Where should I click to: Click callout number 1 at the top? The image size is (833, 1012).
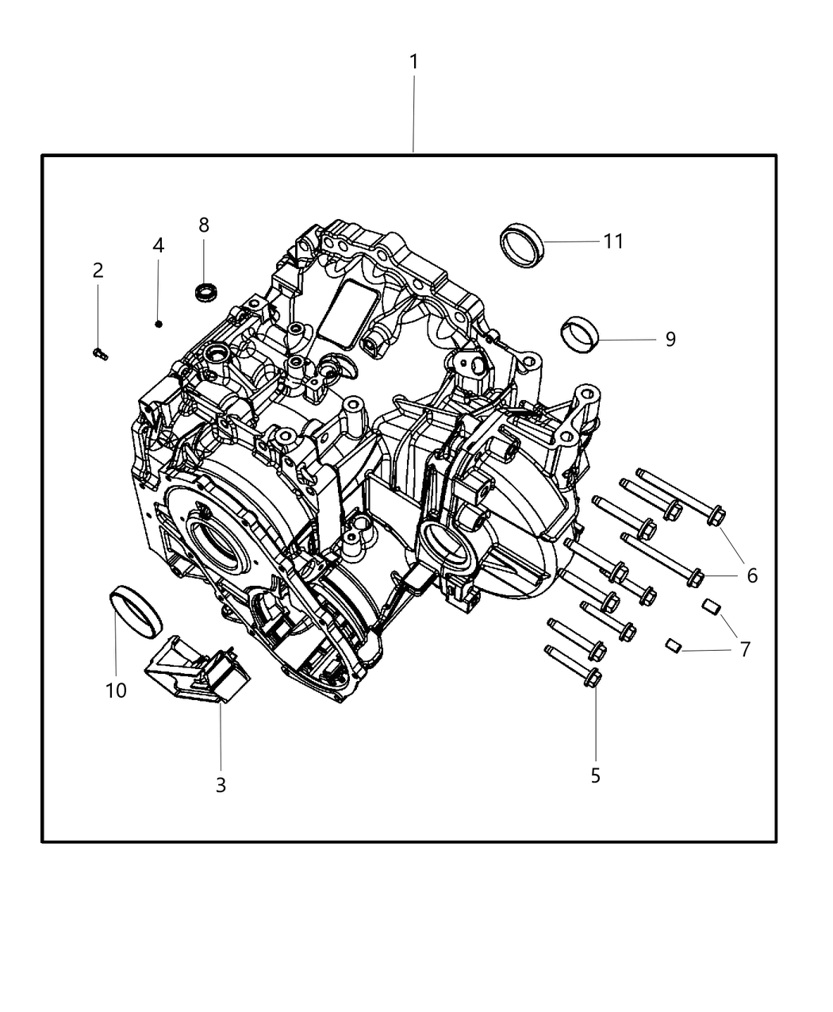413,61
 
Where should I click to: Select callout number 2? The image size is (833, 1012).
98,271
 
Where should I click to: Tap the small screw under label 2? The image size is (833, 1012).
99,353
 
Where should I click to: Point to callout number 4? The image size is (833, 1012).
159,245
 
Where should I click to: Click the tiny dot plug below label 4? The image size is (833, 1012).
159,323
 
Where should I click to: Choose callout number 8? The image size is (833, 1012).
204,225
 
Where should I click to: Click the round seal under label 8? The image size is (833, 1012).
206,292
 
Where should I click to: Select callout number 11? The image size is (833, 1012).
613,240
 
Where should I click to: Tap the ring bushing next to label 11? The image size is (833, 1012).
521,246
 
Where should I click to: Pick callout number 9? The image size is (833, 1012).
670,339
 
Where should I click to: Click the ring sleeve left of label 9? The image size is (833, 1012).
579,333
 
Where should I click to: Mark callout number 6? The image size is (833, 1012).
751,575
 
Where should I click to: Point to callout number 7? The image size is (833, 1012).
744,649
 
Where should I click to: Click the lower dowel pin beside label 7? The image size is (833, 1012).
674,645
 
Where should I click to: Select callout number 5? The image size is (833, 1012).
595,775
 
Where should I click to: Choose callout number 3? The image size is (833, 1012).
221,785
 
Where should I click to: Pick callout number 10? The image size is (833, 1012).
116,691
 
